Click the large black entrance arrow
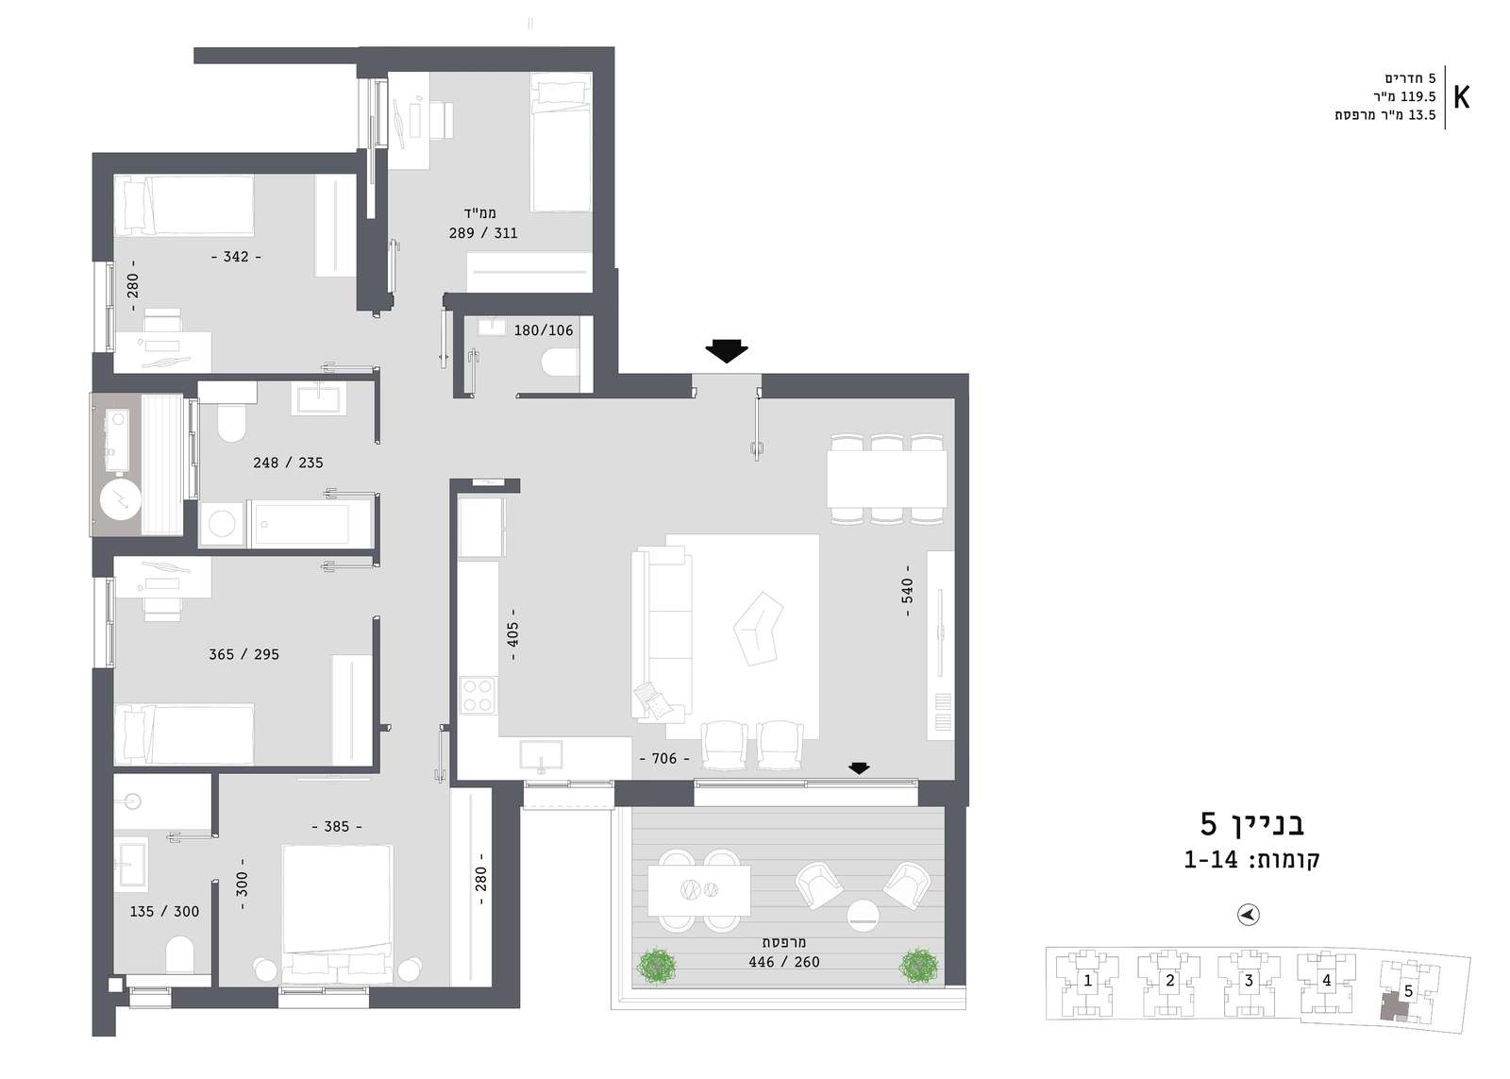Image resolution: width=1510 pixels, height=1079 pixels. click(x=726, y=350)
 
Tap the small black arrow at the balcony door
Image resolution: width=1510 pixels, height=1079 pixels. click(x=859, y=767)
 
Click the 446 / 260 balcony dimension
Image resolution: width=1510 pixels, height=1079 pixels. click(x=784, y=962)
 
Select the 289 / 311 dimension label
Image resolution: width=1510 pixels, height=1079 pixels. click(x=483, y=233)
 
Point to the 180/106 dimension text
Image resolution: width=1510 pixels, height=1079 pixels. click(x=544, y=330)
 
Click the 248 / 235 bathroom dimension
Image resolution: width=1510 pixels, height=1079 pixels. click(x=288, y=463)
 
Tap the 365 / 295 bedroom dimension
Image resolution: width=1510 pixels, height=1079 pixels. click(x=243, y=654)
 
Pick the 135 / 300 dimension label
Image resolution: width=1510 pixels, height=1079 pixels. click(x=164, y=912)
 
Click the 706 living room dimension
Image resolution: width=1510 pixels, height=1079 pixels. click(x=664, y=759)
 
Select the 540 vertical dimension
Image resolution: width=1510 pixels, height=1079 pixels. click(x=907, y=591)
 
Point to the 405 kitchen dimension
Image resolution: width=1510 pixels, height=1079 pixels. click(x=513, y=634)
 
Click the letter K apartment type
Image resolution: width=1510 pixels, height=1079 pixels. click(x=1462, y=98)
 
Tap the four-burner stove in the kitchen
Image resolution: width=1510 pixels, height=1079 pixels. click(x=478, y=696)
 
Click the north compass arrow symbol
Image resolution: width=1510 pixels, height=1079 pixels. click(x=1249, y=915)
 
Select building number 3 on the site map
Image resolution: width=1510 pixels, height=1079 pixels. click(x=1249, y=981)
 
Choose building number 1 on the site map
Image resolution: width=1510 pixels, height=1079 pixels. click(x=1087, y=981)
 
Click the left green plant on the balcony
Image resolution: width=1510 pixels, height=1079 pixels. click(x=657, y=967)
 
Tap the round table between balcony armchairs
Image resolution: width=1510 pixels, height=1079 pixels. click(x=863, y=916)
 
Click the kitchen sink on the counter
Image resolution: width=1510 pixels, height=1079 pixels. click(x=541, y=755)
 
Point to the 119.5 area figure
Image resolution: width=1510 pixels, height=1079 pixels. click(x=1418, y=96)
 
